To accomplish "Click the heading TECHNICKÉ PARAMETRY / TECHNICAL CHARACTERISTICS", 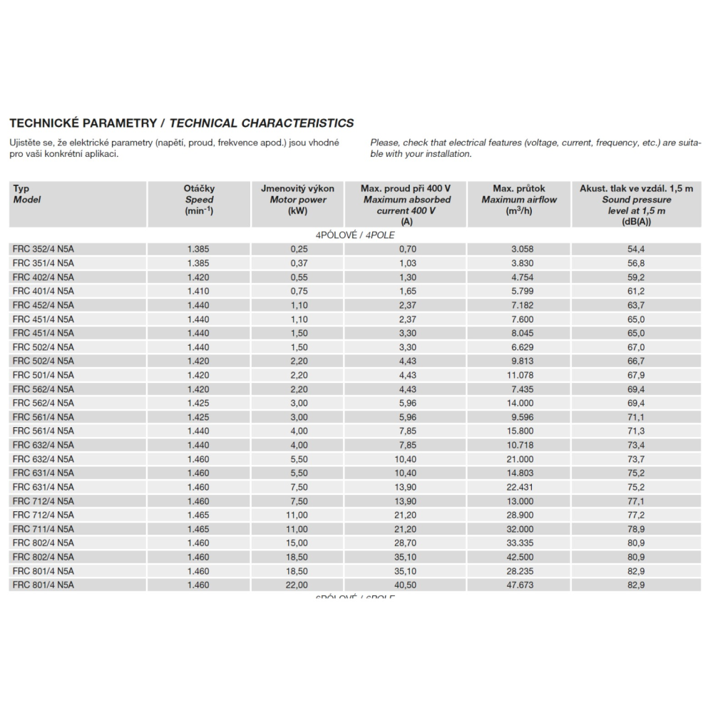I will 181,123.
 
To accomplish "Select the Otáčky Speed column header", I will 199,200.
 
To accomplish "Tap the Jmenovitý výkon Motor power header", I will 298,200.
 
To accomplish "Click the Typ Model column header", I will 27,194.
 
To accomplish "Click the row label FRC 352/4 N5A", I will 43,249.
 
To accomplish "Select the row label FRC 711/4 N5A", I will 43,529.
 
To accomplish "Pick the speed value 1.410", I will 198,291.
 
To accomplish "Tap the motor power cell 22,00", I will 297,585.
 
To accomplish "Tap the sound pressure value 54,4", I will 636,249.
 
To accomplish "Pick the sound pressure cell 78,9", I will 636,529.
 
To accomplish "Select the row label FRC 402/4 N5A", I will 43,277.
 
